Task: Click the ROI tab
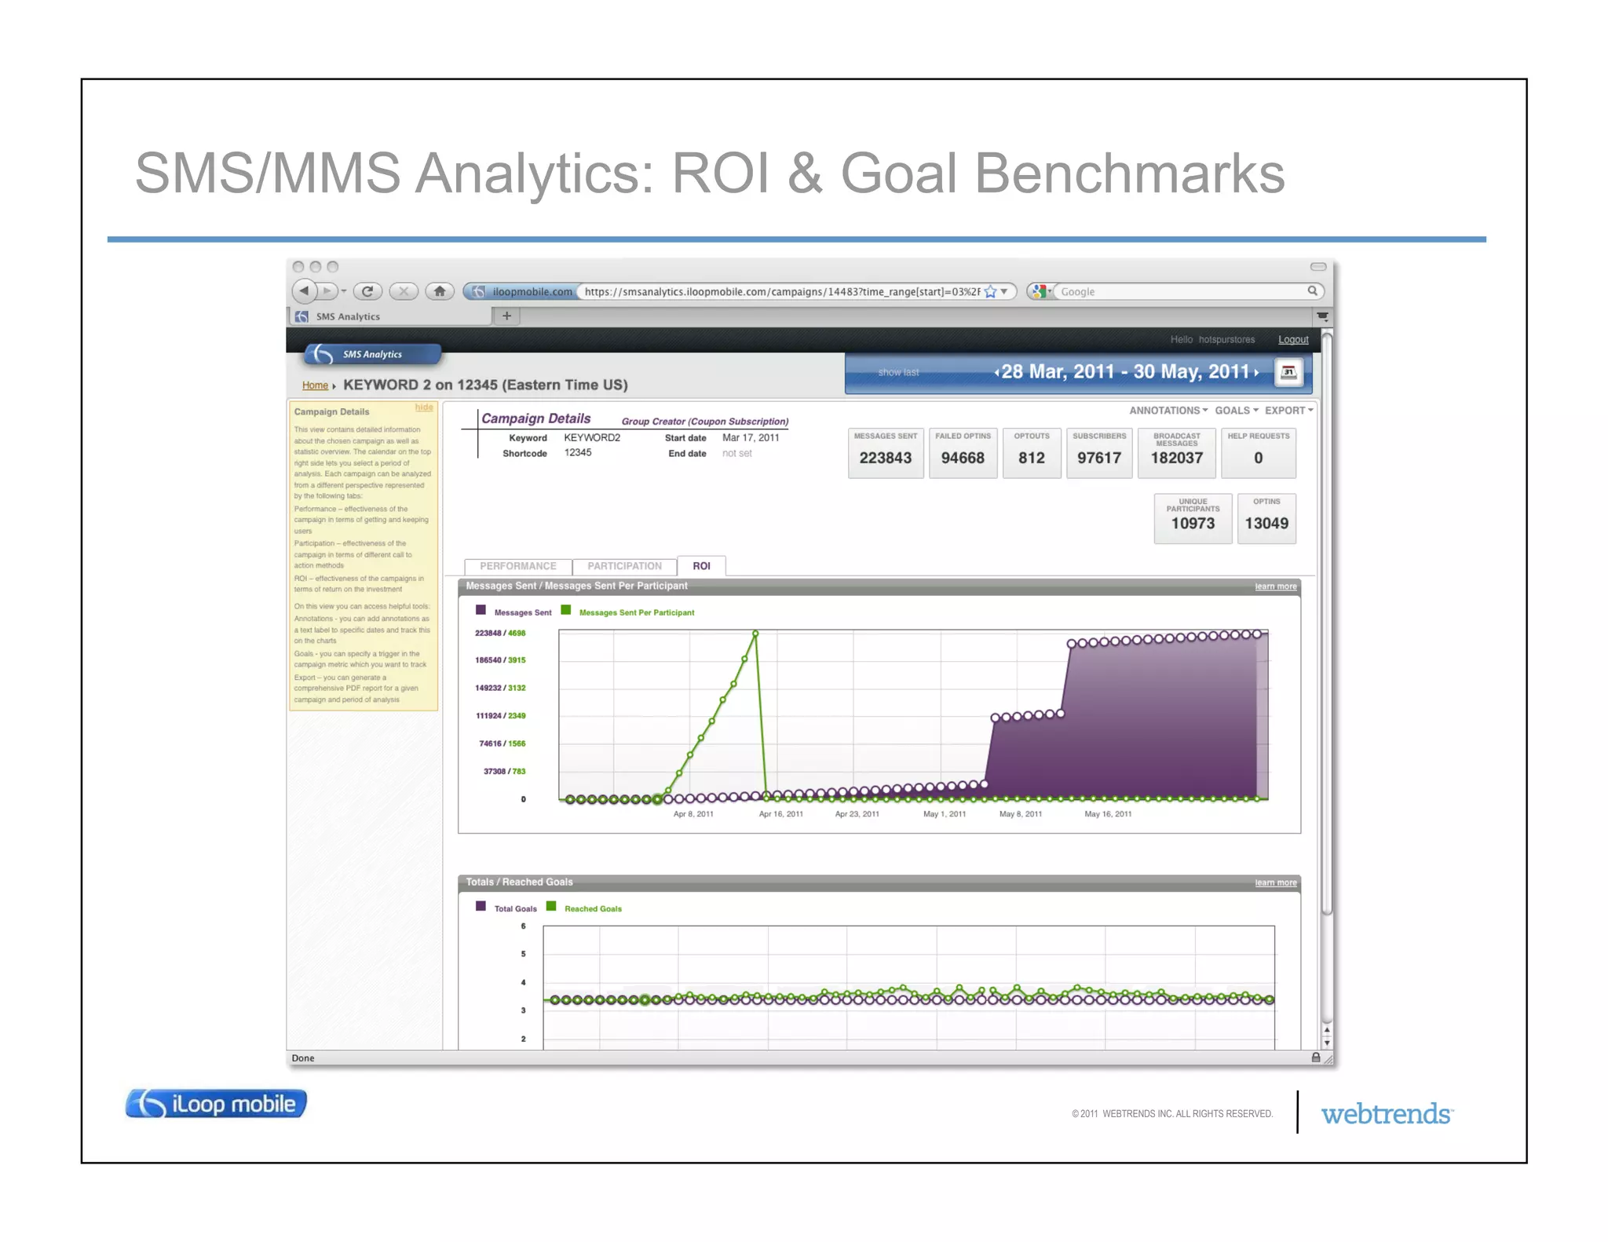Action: click(701, 566)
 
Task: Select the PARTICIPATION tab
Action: click(624, 566)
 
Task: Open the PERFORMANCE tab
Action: click(517, 566)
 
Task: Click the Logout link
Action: click(1292, 340)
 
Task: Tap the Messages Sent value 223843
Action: click(885, 458)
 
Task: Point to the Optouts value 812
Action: click(1031, 458)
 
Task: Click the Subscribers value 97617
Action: click(1098, 458)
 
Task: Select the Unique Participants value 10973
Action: click(1192, 524)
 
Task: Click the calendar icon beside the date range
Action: click(1288, 372)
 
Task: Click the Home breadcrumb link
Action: click(315, 385)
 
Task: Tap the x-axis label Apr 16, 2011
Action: click(780, 814)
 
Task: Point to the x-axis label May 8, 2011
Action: click(1020, 814)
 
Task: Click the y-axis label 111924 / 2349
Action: click(500, 716)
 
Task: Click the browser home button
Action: click(440, 291)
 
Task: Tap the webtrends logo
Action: click(1387, 1114)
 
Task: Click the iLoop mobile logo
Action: click(216, 1104)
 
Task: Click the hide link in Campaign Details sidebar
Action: click(424, 407)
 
